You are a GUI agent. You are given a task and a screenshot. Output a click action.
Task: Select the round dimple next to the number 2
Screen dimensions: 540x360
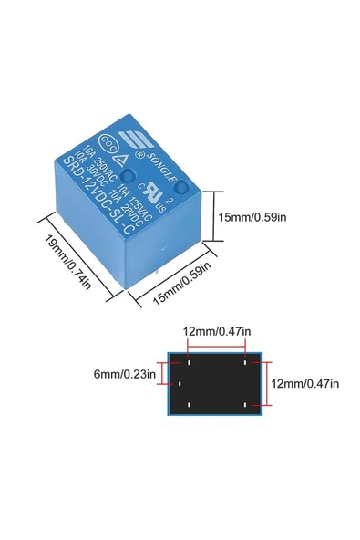tap(181, 188)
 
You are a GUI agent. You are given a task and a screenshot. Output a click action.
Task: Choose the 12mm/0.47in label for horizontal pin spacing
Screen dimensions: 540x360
tap(217, 331)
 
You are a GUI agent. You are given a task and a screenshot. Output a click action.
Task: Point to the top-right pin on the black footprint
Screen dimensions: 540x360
tap(247, 362)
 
